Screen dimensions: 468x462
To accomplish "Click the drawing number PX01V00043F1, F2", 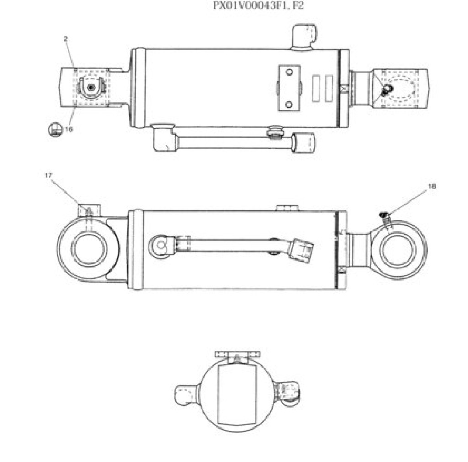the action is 259,5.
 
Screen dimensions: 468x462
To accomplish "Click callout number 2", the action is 65,38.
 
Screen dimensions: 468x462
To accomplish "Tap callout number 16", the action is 69,129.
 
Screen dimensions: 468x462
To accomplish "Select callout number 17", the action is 48,175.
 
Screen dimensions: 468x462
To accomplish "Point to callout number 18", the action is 432,186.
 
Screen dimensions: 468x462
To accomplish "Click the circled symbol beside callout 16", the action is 55,130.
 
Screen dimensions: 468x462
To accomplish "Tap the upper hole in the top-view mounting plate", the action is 289,72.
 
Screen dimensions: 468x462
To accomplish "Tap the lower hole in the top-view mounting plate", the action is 289,105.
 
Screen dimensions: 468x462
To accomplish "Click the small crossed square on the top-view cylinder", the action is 344,88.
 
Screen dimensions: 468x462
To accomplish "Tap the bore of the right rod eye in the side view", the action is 398,250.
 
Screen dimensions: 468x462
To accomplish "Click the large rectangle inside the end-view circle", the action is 237,394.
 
